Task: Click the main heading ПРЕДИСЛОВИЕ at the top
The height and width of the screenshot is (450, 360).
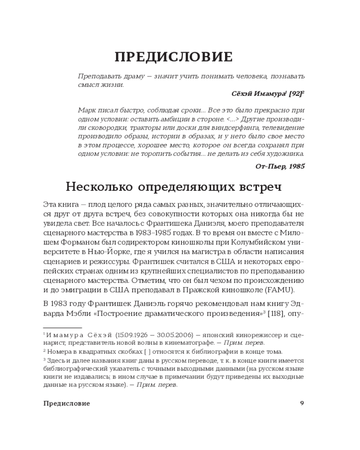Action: (173, 57)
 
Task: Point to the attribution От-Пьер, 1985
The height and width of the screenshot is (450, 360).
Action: (279, 166)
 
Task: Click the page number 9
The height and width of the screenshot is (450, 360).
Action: (302, 403)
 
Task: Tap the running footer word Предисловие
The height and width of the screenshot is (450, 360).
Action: (67, 403)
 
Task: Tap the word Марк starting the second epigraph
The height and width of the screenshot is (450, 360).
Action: (86, 110)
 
